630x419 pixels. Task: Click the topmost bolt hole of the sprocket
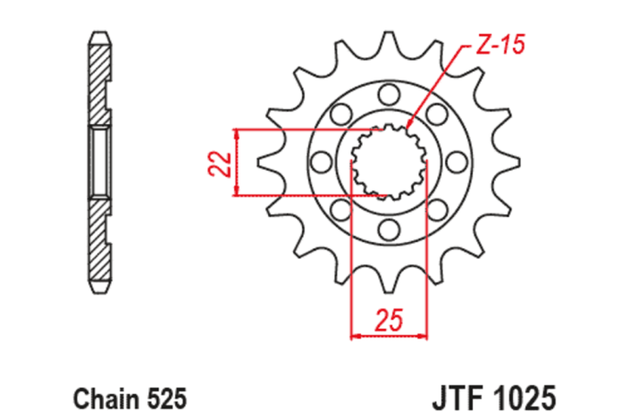coord(389,93)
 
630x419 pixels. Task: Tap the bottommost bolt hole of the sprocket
coord(389,230)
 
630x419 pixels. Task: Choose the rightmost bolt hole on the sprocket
coord(457,162)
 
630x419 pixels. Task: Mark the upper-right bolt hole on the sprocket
coord(437,113)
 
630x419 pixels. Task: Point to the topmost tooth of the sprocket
coord(389,41)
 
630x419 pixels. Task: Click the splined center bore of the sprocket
coord(389,162)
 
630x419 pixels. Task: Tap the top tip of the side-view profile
coord(99,36)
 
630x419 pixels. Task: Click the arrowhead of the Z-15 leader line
coord(409,125)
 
